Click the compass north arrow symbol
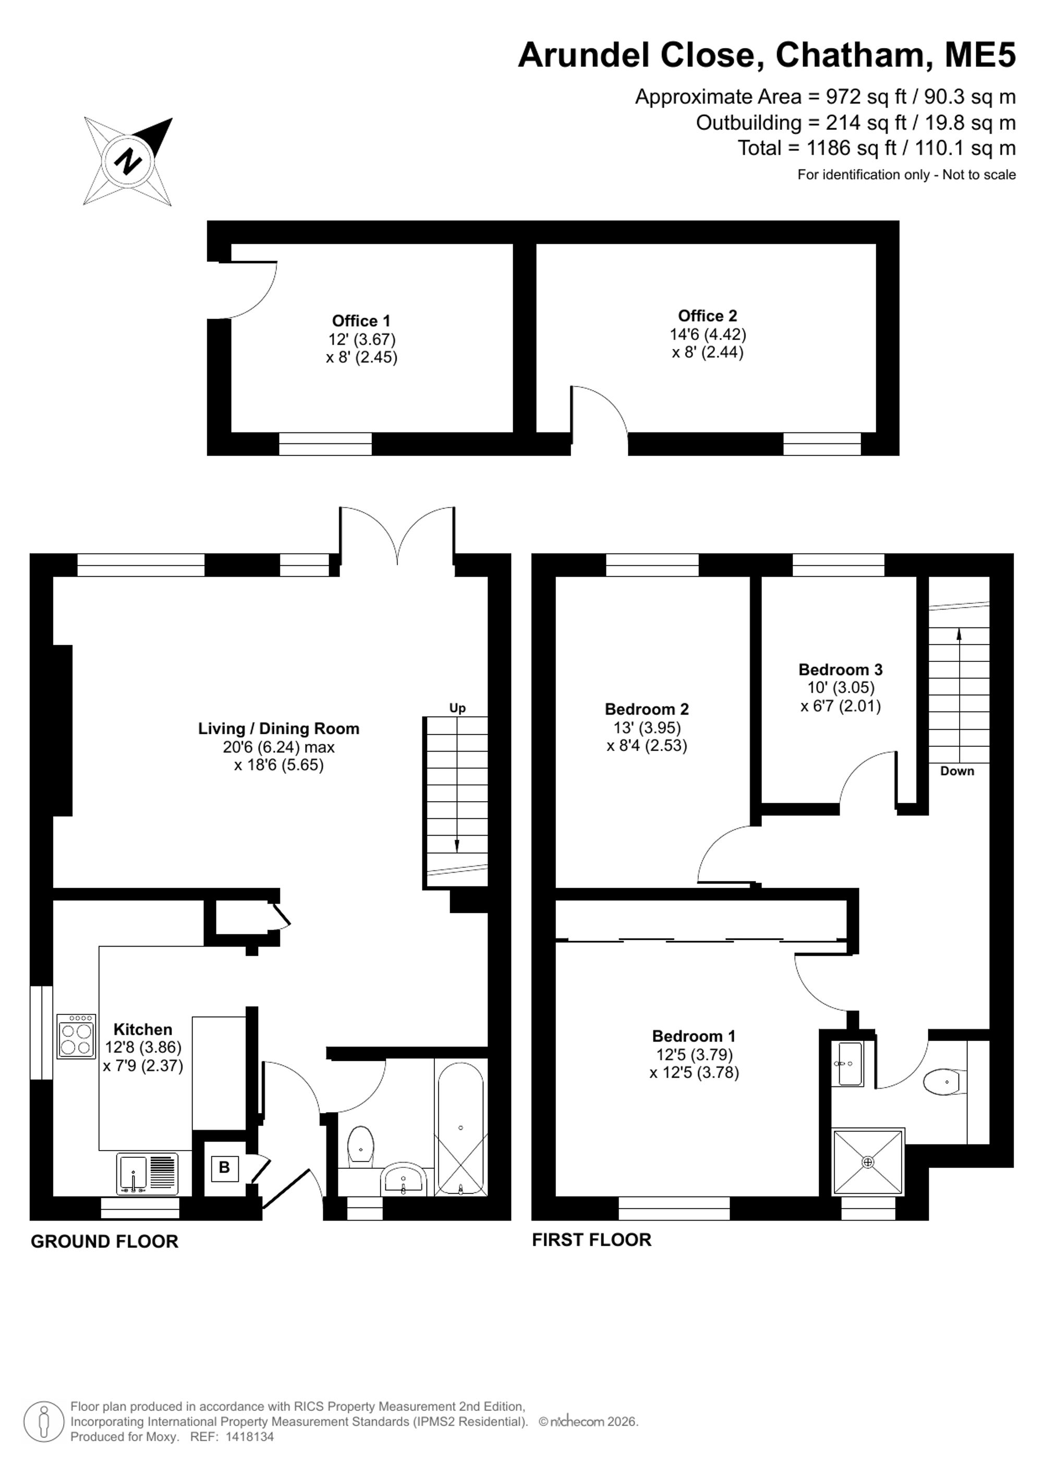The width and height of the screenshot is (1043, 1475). (128, 161)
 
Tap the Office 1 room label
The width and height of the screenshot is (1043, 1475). (361, 321)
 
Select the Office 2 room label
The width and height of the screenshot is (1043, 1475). (707, 316)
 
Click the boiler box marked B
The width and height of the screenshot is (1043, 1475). (224, 1167)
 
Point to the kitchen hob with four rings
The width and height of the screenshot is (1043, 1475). (77, 1036)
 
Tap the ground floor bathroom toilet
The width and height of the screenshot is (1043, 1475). (360, 1147)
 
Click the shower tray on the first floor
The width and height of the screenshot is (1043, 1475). (868, 1162)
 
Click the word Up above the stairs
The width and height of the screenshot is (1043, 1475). (457, 708)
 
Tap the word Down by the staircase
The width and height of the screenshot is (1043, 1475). (957, 771)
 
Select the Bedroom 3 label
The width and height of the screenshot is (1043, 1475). (840, 669)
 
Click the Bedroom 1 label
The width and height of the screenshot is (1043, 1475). (694, 1036)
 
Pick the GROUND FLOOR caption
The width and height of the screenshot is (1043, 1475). (105, 1242)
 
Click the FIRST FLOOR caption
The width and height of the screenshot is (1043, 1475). (591, 1240)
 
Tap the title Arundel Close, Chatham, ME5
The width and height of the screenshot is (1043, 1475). (767, 55)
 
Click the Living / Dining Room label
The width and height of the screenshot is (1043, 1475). (278, 729)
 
